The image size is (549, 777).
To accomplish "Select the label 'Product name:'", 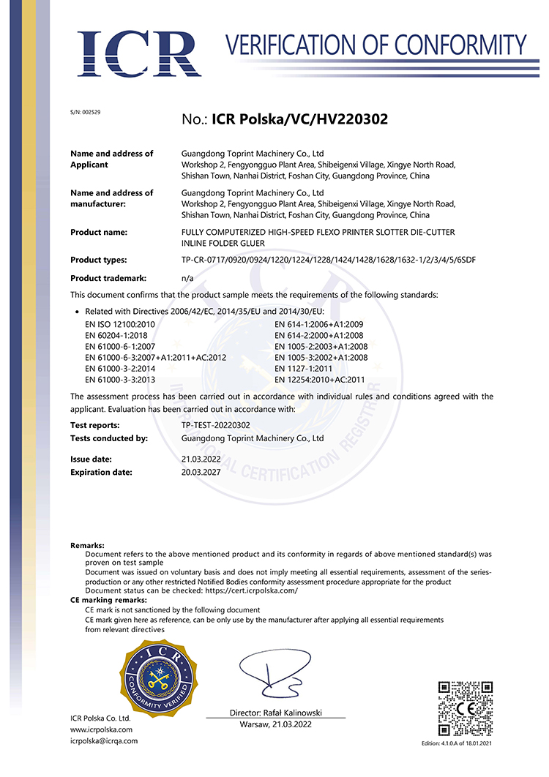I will tap(99, 232).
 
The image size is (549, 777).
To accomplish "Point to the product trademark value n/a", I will tap(187, 279).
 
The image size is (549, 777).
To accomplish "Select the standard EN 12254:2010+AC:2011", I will tap(319, 380).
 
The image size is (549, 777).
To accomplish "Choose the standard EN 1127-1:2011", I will tap(305, 369).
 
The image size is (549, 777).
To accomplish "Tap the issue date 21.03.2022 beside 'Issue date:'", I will tap(201, 459).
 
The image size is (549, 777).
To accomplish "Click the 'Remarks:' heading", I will tap(87, 546).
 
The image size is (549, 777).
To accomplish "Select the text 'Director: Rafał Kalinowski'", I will tap(275, 713).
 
